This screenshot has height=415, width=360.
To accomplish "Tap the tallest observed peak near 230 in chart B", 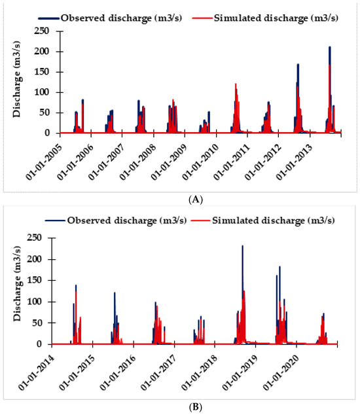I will (242, 246).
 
